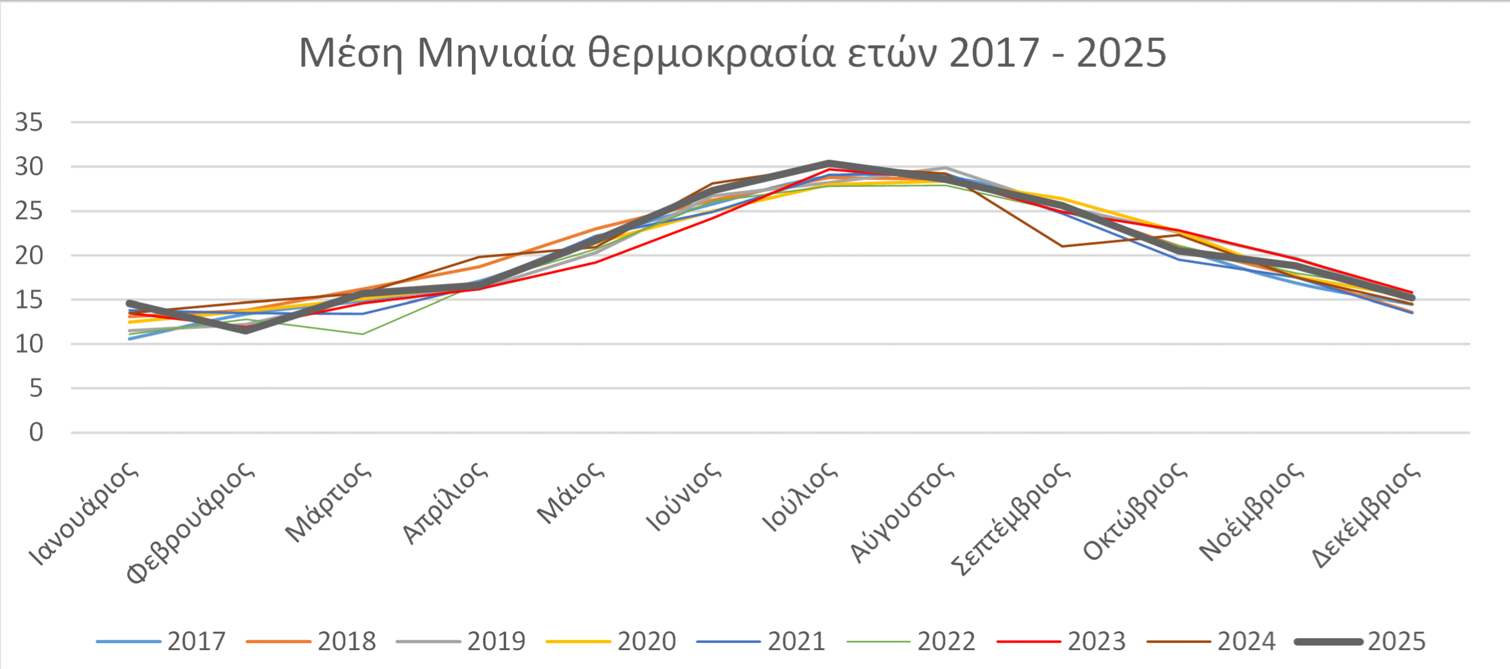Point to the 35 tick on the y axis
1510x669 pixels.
tap(29, 123)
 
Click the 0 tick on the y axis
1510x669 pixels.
tap(36, 433)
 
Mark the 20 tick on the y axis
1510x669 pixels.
tap(29, 256)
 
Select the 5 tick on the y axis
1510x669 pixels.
tap(36, 389)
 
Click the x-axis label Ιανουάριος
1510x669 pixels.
tap(84, 513)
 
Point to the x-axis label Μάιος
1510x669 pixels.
tap(570, 493)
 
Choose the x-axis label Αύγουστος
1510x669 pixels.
tap(901, 512)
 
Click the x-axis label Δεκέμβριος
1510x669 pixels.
tap(1366, 514)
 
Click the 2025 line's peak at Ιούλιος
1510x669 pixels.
tap(829, 163)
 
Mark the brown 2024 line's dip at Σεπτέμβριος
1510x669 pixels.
tap(1062, 246)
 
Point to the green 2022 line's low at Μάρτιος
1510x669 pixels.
tap(362, 334)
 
